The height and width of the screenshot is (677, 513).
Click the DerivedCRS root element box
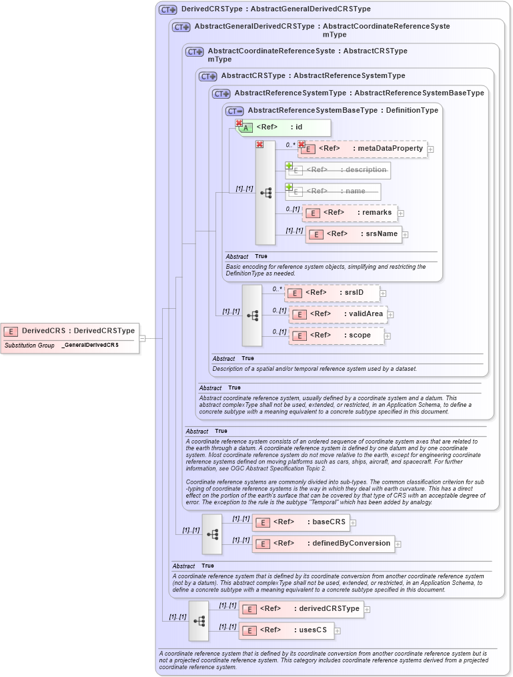(x=70, y=330)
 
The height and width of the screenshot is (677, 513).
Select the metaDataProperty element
(x=363, y=148)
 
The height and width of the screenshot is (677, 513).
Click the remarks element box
(x=350, y=213)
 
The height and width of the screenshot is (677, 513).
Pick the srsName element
(x=354, y=234)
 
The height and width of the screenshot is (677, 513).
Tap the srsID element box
(x=333, y=293)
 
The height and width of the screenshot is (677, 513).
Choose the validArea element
(x=338, y=314)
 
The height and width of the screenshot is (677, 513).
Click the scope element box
(x=336, y=335)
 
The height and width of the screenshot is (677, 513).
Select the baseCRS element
(x=301, y=522)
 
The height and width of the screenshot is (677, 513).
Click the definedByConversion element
(x=323, y=544)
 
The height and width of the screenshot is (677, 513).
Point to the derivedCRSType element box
(x=301, y=608)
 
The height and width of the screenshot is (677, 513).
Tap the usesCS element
(x=286, y=630)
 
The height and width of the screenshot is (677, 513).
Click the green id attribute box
(x=284, y=127)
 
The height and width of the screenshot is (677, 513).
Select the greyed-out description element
(x=338, y=170)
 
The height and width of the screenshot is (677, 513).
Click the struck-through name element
(x=334, y=191)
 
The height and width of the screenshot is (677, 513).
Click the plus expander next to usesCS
(x=338, y=630)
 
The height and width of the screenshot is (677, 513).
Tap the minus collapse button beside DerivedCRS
(x=142, y=338)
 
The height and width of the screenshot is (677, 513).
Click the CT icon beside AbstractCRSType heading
(x=207, y=76)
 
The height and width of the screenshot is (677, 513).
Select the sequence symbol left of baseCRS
(x=212, y=534)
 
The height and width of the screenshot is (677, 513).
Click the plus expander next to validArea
(x=391, y=314)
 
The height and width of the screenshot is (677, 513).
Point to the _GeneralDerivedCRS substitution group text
(x=90, y=346)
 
